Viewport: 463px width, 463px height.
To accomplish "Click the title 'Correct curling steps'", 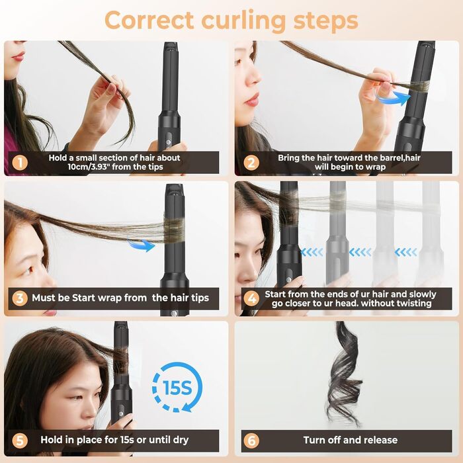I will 231,20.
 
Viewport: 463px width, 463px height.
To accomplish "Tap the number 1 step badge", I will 21,163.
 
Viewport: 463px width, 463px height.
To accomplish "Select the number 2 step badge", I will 251,163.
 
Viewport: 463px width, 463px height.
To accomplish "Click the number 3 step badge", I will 21,298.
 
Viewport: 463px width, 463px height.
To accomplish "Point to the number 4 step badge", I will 251,299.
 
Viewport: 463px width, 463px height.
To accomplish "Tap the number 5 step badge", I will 21,440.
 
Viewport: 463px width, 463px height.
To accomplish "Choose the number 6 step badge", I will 251,440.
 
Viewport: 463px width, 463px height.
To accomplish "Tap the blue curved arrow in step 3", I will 141,244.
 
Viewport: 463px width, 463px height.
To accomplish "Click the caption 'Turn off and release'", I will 351,440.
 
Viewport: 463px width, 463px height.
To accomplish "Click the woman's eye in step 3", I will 24,271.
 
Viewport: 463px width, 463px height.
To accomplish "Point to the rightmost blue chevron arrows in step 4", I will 405,252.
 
